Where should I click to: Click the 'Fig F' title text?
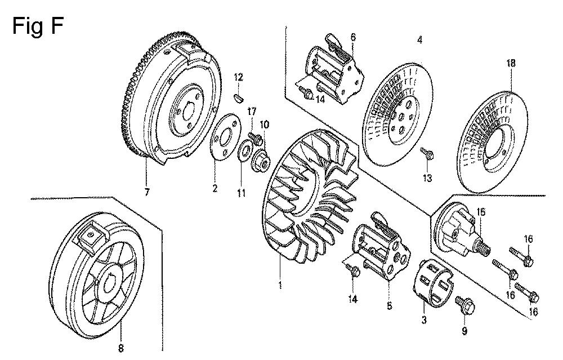coord(38,26)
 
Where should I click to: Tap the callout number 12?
coord(238,77)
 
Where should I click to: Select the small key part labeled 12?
coord(239,96)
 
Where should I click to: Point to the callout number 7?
coord(146,193)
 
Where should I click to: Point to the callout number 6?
coord(353,37)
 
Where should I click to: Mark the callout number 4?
coord(420,39)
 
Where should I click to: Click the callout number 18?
coord(511,63)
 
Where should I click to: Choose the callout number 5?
coord(390,306)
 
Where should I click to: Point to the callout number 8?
coord(120,348)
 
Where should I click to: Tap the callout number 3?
coord(424,319)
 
